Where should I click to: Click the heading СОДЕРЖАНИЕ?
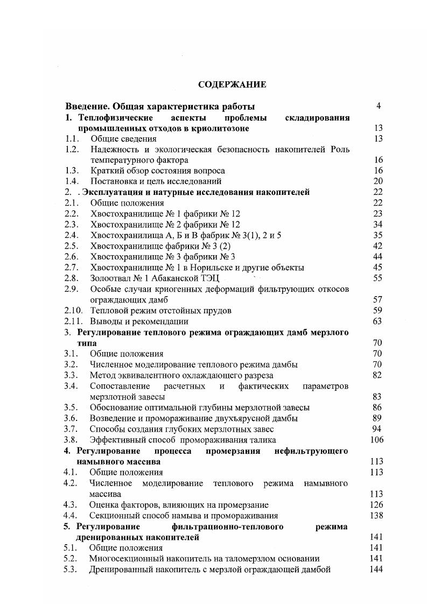point(232,85)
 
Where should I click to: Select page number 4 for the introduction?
point(379,106)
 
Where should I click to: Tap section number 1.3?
point(71,171)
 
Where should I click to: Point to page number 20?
point(377,181)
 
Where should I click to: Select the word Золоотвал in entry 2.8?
point(109,278)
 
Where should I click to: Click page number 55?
point(377,278)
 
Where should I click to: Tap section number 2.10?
point(73,311)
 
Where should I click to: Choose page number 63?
point(377,321)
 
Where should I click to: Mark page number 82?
point(377,375)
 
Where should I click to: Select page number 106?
point(377,440)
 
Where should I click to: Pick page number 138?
point(377,515)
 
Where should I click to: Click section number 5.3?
point(71,570)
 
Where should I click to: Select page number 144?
point(377,570)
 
